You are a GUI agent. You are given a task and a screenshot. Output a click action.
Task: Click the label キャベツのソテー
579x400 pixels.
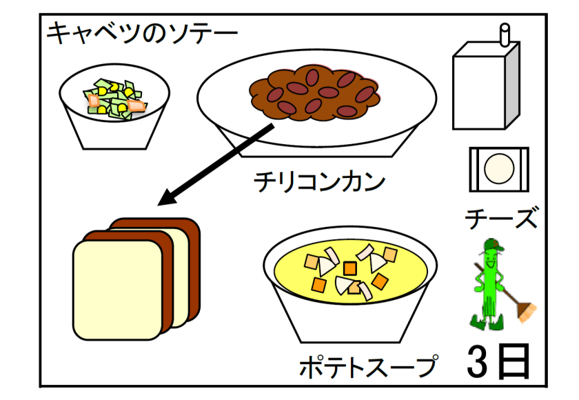pos(141,32)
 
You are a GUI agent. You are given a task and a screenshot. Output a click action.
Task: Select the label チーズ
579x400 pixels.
pos(500,219)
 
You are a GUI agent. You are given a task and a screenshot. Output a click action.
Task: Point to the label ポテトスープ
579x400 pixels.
pos(368,366)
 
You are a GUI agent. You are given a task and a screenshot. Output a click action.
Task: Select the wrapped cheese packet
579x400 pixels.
pos(499,168)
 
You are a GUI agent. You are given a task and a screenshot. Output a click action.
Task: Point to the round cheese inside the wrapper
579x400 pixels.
pos(499,168)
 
